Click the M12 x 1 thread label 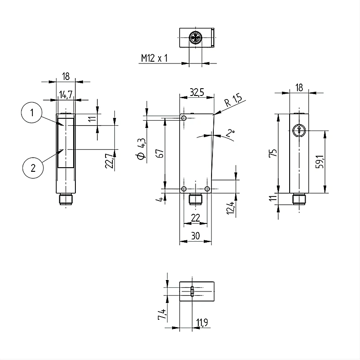click(154, 58)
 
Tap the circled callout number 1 click(32, 113)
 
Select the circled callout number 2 click(33, 168)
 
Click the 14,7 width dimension click(66, 95)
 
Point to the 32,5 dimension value click(197, 92)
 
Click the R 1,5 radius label click(233, 100)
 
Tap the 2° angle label click(230, 132)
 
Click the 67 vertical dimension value click(160, 153)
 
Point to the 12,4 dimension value click(231, 208)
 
